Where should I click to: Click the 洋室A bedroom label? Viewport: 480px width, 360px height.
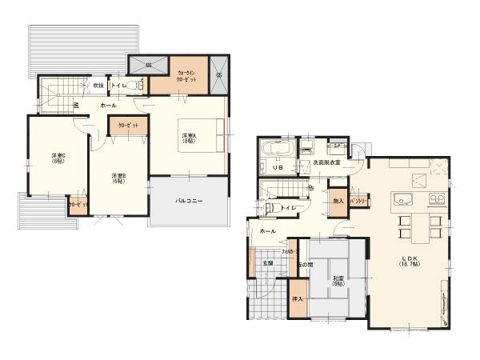click(189, 138)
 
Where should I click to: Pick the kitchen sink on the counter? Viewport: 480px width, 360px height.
click(402, 199)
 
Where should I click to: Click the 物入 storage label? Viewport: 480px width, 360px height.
click(338, 201)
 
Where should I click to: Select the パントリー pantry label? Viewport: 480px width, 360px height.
click(359, 202)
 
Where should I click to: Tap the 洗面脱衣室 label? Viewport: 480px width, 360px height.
click(326, 162)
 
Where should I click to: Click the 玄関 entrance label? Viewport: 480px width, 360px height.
click(267, 263)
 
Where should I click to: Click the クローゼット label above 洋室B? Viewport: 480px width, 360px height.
click(128, 126)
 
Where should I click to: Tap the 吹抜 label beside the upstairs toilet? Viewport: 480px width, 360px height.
click(98, 86)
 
